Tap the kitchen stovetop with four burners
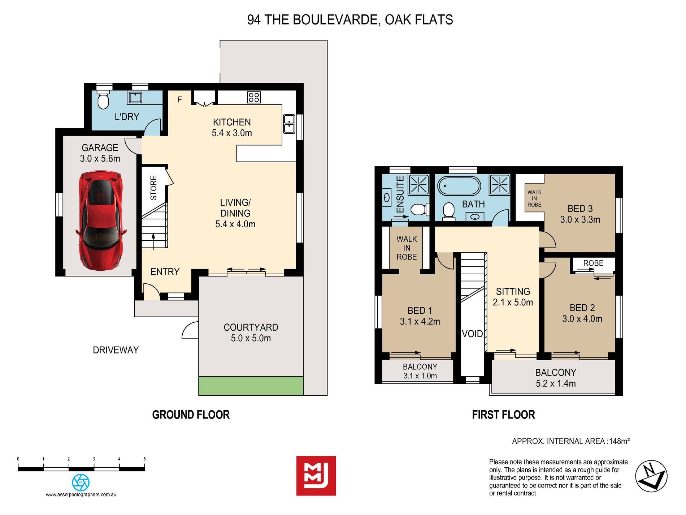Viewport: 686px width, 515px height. click(x=253, y=97)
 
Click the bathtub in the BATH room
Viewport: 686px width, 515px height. click(x=459, y=186)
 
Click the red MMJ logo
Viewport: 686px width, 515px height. click(x=316, y=476)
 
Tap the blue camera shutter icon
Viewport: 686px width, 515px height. click(x=81, y=482)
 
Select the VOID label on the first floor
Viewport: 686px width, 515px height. click(x=472, y=334)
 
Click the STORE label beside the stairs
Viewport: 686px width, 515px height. click(x=153, y=188)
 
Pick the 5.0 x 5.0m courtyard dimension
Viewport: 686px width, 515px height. click(x=251, y=338)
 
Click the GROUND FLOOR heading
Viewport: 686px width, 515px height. click(x=191, y=415)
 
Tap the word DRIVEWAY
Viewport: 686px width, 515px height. click(x=116, y=350)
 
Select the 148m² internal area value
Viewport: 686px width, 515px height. click(x=620, y=441)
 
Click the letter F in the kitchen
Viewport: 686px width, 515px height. click(x=180, y=99)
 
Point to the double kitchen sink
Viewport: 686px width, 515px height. click(x=289, y=124)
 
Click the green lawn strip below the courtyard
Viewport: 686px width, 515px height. click(x=251, y=386)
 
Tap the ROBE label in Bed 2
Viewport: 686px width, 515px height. click(x=593, y=263)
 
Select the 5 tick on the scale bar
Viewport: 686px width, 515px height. click(x=144, y=459)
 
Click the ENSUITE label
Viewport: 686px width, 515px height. click(x=400, y=194)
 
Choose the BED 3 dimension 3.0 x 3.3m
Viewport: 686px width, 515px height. click(x=580, y=219)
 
